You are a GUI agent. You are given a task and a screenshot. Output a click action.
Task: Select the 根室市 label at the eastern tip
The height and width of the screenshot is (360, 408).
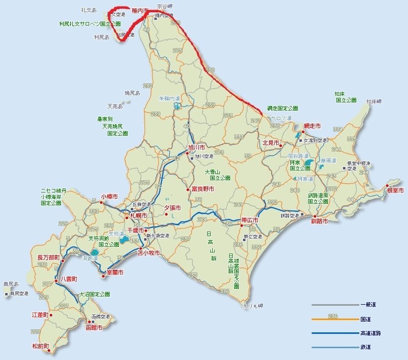click(x=395, y=190)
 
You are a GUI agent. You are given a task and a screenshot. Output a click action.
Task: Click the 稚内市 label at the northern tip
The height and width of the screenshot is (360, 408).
click(x=140, y=10)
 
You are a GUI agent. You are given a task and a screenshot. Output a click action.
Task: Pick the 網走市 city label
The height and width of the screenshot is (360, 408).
click(x=312, y=125)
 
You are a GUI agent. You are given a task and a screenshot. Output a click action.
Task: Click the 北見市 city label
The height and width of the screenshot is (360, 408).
click(x=271, y=143)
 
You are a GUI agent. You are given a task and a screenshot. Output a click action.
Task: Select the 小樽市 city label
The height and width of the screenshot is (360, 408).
click(x=109, y=196)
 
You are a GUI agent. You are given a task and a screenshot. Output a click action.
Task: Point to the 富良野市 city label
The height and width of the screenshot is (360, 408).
click(x=203, y=189)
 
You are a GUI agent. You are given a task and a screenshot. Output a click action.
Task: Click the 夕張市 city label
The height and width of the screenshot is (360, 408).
click(x=172, y=208)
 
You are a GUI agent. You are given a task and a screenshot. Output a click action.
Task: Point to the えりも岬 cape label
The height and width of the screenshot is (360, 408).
click(x=253, y=306)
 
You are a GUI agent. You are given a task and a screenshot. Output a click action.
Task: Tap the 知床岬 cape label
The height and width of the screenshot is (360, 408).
click(x=374, y=101)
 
